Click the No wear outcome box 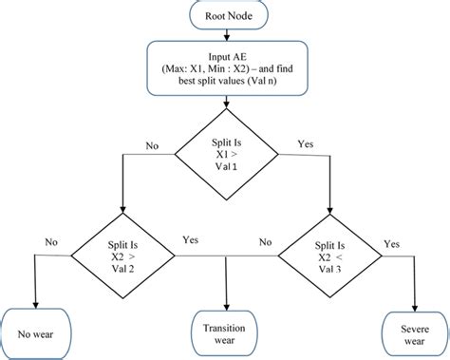34,333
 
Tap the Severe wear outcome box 412,332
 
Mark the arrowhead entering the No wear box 34,303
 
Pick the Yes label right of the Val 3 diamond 390,242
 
